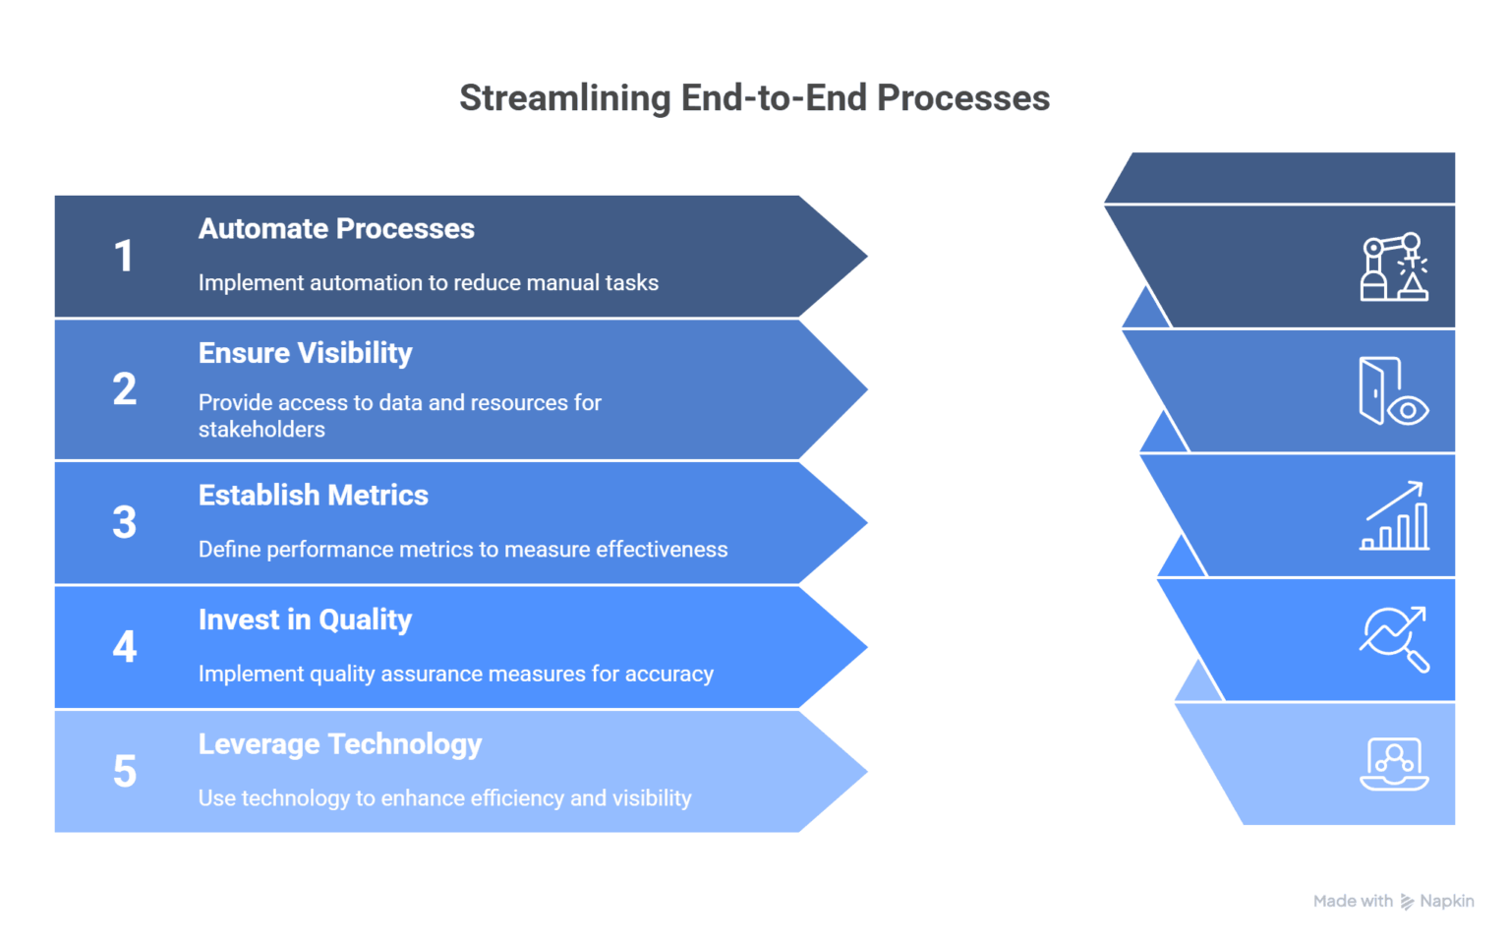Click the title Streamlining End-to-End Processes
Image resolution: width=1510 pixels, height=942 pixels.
point(754,98)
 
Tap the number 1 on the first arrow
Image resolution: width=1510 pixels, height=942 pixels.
point(124,257)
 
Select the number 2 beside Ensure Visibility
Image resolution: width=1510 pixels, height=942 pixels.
point(124,389)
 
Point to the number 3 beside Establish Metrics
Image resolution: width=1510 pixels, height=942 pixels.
point(124,522)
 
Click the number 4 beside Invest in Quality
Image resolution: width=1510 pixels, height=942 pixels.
point(124,647)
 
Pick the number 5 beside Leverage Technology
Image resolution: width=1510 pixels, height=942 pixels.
point(124,772)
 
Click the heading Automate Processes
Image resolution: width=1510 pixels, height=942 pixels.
point(336,229)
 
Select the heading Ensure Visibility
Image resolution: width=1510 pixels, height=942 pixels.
point(305,353)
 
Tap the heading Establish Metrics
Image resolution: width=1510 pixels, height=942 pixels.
point(313,496)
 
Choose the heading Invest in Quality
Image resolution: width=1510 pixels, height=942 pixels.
point(305,620)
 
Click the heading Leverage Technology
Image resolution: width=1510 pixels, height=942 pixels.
point(339,744)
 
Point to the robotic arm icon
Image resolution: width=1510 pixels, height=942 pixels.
point(1394,266)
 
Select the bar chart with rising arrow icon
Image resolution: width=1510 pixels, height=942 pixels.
point(1394,516)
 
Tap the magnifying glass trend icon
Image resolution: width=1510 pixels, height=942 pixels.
point(1394,639)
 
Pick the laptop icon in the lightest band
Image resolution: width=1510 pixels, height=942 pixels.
point(1394,763)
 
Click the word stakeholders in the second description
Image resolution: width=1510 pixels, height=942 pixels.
point(261,430)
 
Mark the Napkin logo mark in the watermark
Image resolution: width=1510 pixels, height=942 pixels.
point(1407,902)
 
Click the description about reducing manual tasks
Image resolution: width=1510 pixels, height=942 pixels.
point(428,283)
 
